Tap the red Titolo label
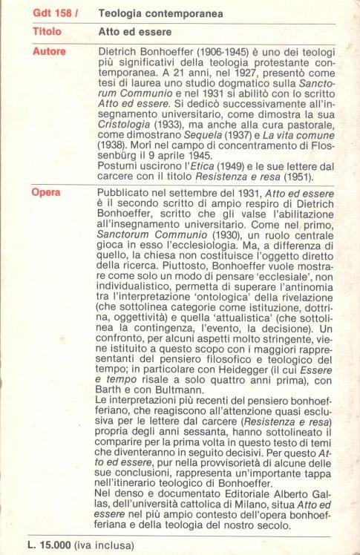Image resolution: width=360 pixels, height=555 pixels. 47,33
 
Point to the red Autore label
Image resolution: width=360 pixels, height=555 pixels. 49,51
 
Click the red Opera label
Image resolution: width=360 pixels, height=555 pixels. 47,193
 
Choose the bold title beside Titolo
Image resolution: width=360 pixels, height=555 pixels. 135,33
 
